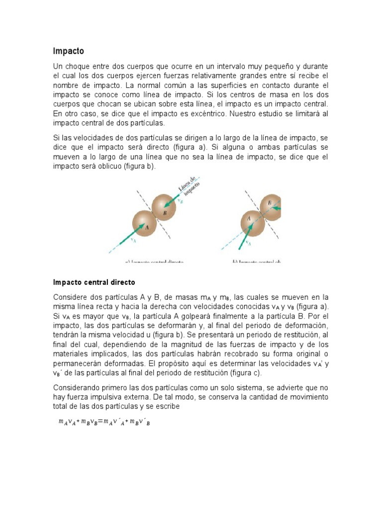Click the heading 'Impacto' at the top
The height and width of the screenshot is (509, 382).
pyautogui.click(x=68, y=51)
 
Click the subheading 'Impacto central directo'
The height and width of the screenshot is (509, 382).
pyautogui.click(x=94, y=282)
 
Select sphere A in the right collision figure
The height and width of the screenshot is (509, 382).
pyautogui.click(x=252, y=222)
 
